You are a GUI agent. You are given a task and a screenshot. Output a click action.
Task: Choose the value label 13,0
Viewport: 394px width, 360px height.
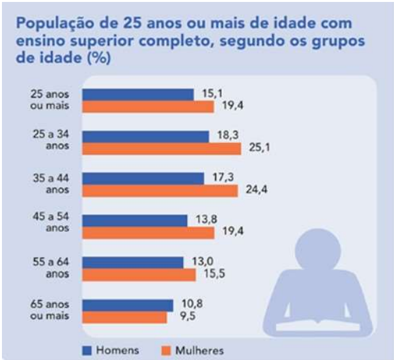200,262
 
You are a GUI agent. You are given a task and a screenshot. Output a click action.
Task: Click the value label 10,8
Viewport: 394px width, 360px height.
188,304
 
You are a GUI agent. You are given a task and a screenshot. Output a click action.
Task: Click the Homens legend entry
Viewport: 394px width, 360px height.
111,350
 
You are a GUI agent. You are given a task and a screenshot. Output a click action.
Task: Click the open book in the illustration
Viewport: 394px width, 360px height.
318,323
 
